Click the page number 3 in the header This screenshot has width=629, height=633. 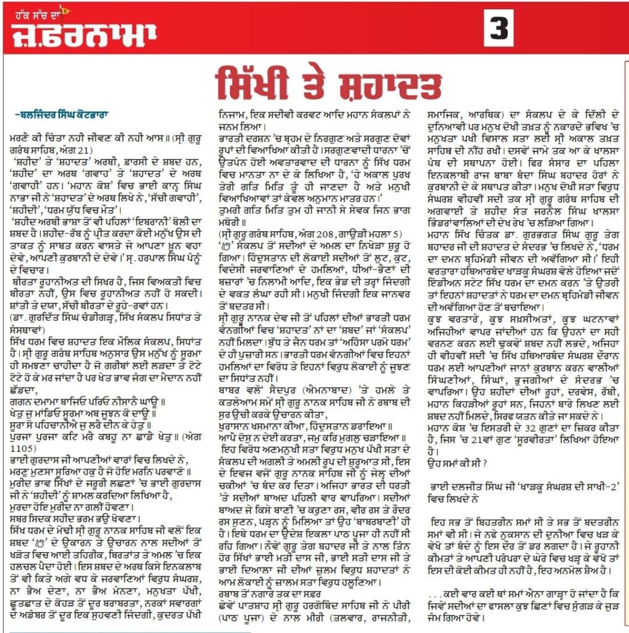tap(498, 28)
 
